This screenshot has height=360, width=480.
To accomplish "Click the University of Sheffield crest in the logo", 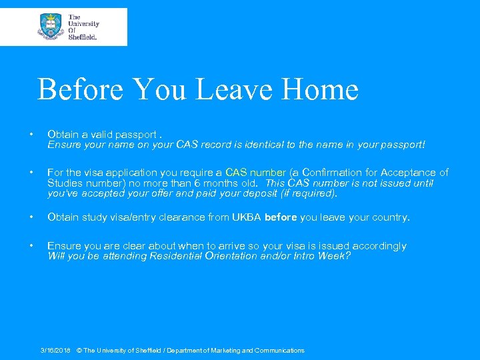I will click(x=51, y=27).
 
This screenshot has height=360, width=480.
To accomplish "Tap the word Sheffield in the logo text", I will click(x=83, y=37).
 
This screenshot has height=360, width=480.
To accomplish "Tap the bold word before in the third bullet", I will click(x=281, y=218).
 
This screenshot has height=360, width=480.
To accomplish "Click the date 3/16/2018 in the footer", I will click(x=55, y=350).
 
